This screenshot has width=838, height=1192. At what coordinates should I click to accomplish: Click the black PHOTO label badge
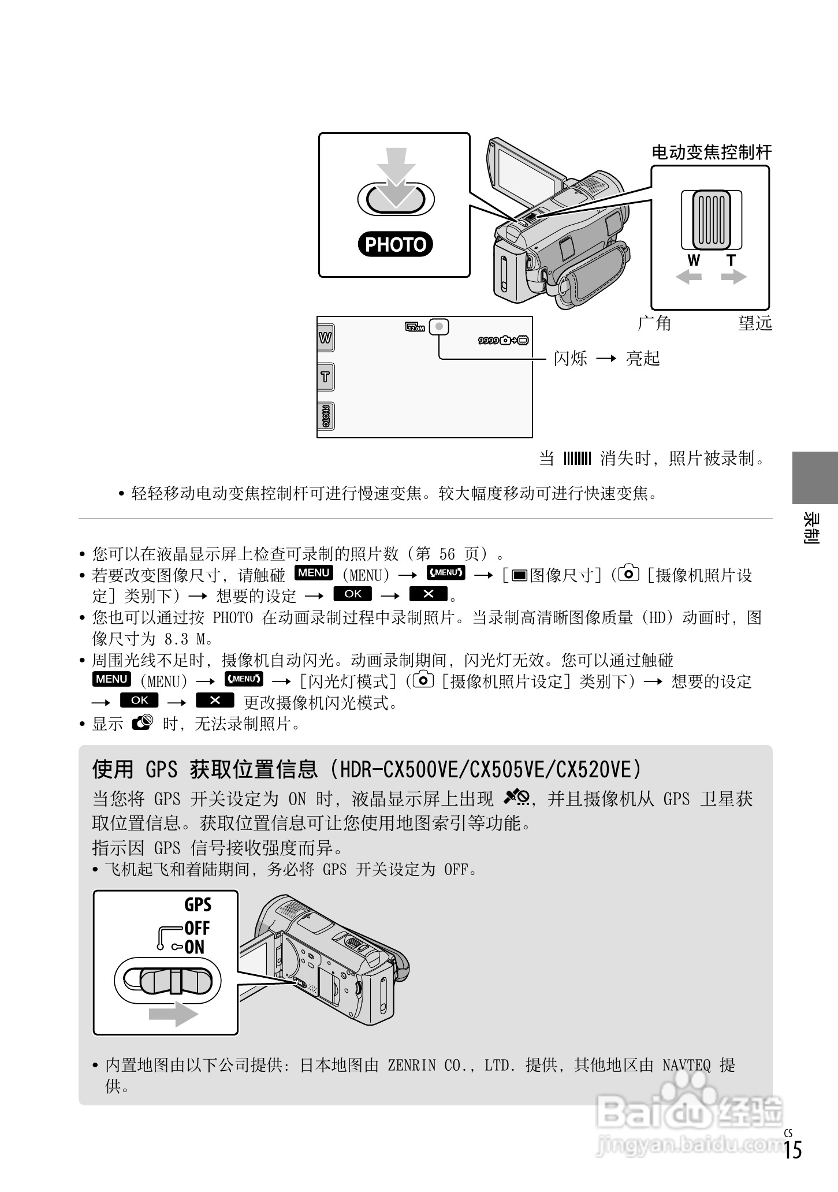pyautogui.click(x=396, y=244)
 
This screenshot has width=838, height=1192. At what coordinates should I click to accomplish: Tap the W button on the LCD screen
pyautogui.click(x=326, y=337)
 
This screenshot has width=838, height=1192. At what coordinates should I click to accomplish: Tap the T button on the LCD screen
pyautogui.click(x=326, y=377)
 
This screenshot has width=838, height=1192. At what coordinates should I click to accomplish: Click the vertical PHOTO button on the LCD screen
pyautogui.click(x=326, y=416)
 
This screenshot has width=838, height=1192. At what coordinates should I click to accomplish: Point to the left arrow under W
pyautogui.click(x=688, y=277)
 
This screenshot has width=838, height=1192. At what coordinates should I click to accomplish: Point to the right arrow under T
pyautogui.click(x=734, y=277)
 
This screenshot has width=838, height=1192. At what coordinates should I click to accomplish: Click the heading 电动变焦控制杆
pyautogui.click(x=712, y=152)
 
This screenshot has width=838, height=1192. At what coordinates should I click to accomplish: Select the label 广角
pyautogui.click(x=654, y=323)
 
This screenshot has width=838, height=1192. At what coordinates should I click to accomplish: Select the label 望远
pyautogui.click(x=755, y=323)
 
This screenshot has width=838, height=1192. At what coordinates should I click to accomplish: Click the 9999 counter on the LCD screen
pyautogui.click(x=489, y=341)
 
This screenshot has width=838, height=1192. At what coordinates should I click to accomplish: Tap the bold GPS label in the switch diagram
pyautogui.click(x=198, y=904)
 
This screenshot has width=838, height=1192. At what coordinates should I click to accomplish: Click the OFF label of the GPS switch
pyautogui.click(x=196, y=928)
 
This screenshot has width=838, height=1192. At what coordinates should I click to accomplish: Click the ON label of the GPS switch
pyautogui.click(x=195, y=947)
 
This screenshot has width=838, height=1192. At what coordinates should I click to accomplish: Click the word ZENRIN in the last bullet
pyautogui.click(x=411, y=1065)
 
